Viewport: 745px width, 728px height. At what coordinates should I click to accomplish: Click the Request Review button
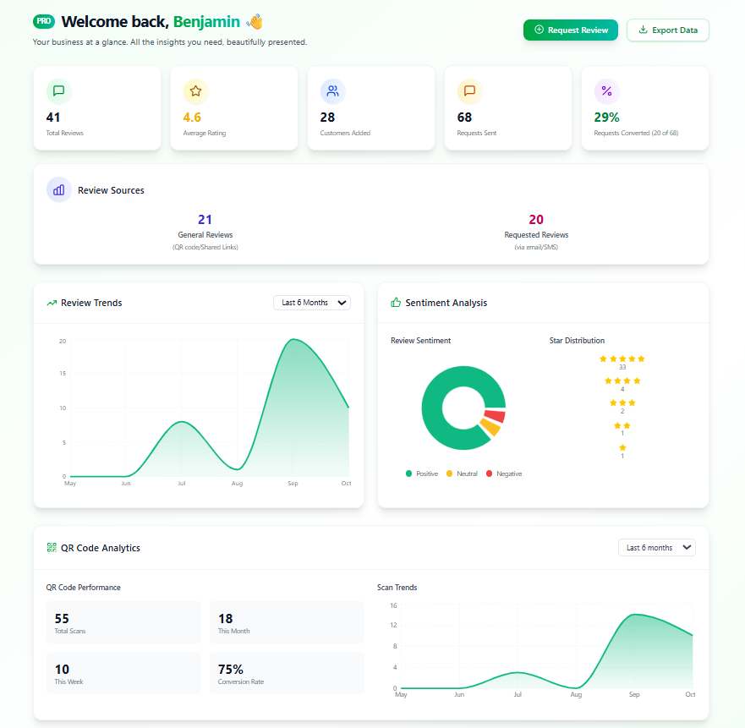571,30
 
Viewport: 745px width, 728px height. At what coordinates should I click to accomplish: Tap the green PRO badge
43,21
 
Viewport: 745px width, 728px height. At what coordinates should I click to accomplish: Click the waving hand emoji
254,21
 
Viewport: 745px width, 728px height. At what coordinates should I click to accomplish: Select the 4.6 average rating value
192,118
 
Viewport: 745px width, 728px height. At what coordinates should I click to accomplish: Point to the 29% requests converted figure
606,118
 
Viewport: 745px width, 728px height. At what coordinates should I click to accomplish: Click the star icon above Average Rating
195,91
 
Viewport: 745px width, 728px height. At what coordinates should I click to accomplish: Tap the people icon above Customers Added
332,91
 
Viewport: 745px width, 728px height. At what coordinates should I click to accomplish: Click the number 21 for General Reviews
205,220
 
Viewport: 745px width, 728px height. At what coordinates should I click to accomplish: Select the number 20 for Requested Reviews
536,220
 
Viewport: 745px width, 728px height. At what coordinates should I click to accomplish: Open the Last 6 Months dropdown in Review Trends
311,303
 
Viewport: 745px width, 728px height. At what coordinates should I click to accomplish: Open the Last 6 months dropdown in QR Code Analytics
656,548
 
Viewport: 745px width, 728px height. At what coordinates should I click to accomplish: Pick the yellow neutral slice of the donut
490,429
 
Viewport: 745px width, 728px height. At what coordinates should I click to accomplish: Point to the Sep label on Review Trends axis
293,484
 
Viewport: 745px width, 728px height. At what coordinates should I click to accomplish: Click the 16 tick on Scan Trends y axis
393,605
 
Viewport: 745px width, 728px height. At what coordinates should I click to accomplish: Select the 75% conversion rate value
231,670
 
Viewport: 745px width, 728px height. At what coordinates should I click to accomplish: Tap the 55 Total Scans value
62,619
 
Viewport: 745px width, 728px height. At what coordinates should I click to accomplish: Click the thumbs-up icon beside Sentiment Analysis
396,303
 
